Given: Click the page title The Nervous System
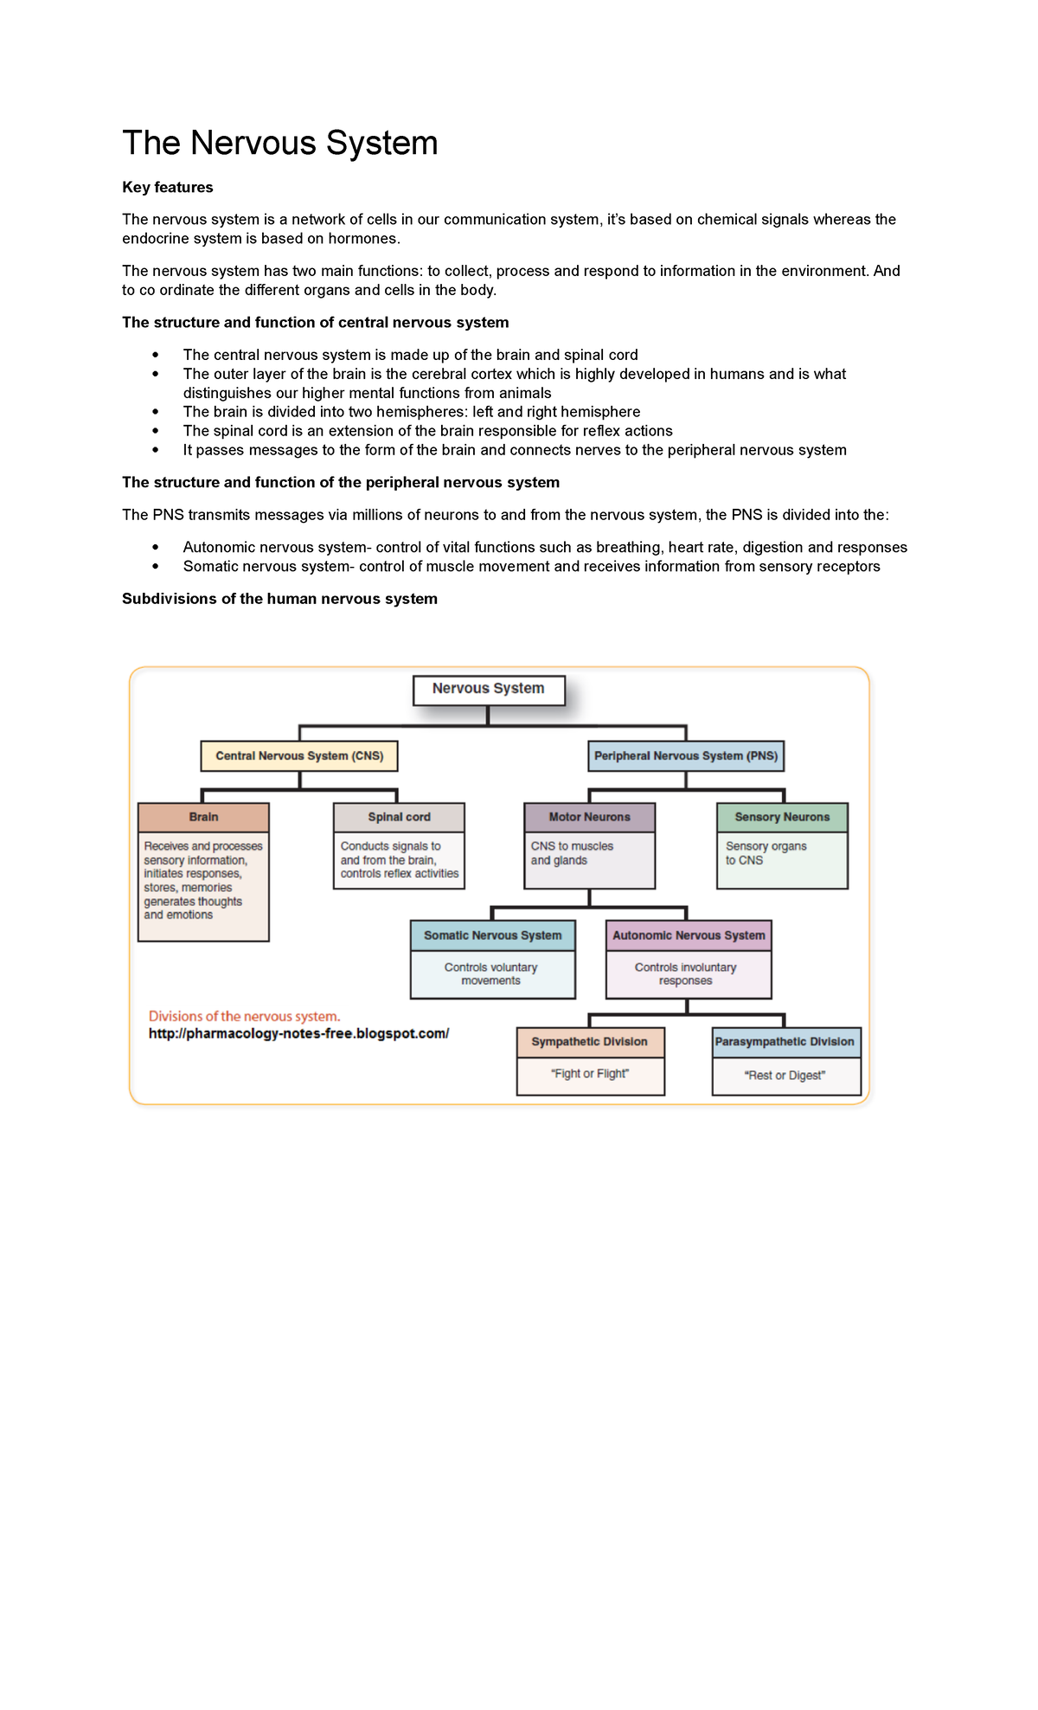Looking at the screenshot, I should coord(279,143).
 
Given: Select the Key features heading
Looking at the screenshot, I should coord(167,187).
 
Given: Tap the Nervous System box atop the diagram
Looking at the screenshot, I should coord(489,689).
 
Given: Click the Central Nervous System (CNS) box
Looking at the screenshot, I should coord(299,755).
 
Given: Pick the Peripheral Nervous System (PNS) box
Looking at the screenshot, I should coord(686,755).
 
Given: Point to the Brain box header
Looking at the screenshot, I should coord(203,817).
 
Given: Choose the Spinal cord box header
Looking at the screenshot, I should coord(399,817).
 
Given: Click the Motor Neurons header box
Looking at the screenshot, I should coord(589,817).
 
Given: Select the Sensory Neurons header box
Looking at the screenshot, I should coord(782,817).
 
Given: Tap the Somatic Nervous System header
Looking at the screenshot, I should coord(492,935).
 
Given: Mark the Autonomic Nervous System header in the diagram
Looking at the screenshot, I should coord(689,935).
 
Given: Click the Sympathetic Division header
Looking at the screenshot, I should coord(590,1042).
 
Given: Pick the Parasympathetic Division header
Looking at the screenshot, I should coord(785,1042).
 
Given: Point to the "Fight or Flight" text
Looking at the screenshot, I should coord(590,1074).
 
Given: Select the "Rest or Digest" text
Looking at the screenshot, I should coord(785,1076).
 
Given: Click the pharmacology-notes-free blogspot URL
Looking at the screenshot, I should coord(298,1033).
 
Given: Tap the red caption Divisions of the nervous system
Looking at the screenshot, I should coord(244,1016).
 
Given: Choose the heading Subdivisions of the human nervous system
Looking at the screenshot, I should coord(279,599).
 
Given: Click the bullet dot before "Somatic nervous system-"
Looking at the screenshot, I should coord(156,567).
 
